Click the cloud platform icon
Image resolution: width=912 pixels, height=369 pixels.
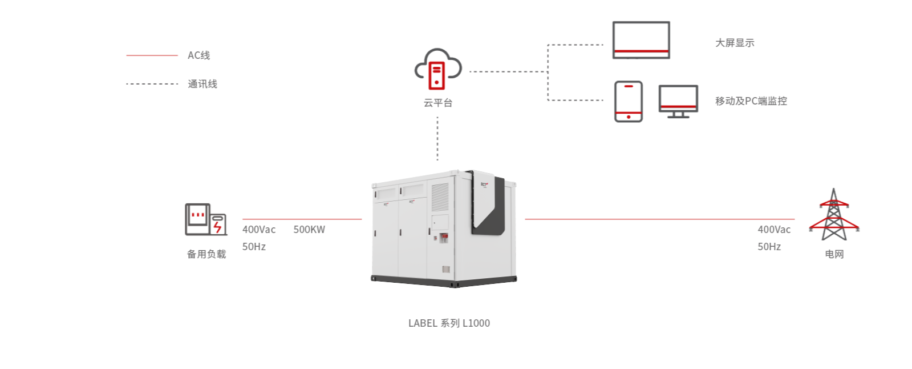click(437, 69)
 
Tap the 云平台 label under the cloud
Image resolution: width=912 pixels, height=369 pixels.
click(437, 103)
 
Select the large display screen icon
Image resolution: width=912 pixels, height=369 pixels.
click(641, 40)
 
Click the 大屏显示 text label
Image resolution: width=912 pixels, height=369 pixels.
click(735, 43)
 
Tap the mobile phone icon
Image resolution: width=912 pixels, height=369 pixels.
click(628, 101)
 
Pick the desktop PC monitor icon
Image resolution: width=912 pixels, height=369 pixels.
click(678, 101)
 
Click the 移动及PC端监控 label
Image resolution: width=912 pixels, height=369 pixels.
click(751, 101)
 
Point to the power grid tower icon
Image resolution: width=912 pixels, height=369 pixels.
click(833, 215)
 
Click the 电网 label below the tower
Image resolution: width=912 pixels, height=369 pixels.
click(834, 254)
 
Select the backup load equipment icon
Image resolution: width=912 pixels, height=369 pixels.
click(205, 219)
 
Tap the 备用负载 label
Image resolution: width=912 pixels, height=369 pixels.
click(206, 254)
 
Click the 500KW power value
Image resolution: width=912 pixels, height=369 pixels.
click(309, 230)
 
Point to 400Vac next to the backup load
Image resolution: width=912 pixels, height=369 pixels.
click(259, 230)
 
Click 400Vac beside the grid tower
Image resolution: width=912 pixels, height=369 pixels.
click(774, 230)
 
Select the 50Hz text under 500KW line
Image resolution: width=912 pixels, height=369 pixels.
click(254, 247)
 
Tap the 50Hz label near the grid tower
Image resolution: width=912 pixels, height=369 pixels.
click(769, 247)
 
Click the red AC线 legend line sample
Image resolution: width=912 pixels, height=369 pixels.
click(152, 55)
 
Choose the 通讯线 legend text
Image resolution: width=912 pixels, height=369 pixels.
click(202, 84)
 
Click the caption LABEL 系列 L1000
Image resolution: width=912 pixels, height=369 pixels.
click(449, 323)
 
